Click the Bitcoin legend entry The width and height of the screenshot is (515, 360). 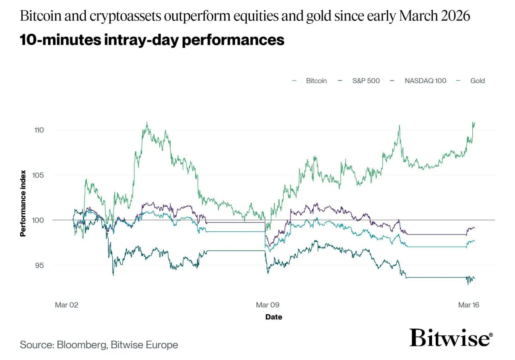(316, 80)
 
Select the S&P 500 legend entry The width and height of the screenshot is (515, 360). (366, 80)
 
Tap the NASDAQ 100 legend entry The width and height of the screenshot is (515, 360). (425, 80)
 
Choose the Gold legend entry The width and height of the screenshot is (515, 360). (477, 80)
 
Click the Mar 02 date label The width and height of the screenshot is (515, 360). (66, 305)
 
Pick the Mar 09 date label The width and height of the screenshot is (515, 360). (268, 305)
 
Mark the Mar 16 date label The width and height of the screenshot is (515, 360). (469, 305)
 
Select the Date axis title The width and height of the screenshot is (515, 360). (274, 317)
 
